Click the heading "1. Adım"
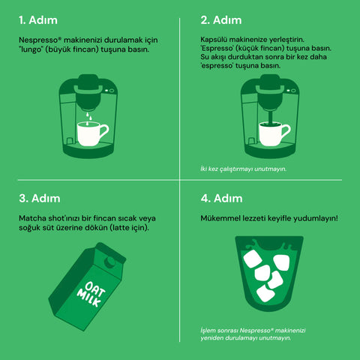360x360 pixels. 37,19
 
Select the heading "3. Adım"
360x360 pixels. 38,199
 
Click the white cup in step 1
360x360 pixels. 91,134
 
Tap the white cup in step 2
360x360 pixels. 273,134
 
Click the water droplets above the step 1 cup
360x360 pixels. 89,115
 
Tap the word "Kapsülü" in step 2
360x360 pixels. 214,38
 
